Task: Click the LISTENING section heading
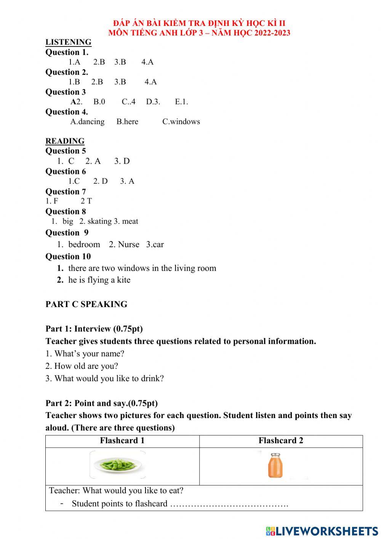68,42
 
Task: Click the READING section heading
65,141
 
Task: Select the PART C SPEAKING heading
86,304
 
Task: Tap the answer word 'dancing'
91,122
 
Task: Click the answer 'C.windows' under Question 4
181,122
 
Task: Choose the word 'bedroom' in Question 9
84,245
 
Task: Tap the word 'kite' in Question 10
123,280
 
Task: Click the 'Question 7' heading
66,191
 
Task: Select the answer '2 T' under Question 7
86,201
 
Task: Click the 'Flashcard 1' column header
122,441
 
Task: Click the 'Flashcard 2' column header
281,441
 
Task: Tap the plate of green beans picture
118,465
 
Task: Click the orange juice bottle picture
275,465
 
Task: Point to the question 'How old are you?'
82,366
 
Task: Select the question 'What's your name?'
85,354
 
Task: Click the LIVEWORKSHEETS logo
322,531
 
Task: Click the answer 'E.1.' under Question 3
181,102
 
